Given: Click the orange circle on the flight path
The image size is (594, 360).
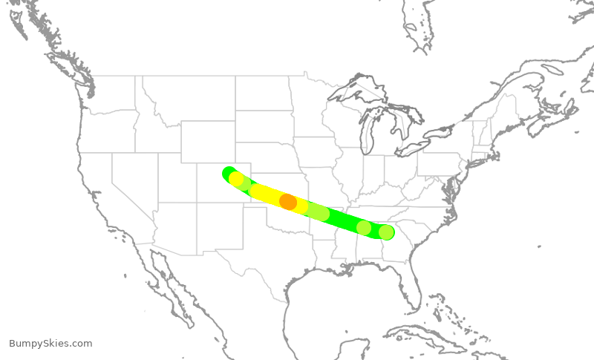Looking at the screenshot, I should [x=288, y=201].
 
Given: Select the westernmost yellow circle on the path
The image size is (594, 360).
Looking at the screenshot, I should [x=236, y=179].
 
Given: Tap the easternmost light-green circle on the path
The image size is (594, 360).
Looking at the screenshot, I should [x=386, y=232].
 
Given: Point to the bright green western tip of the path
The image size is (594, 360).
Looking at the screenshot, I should [x=228, y=173].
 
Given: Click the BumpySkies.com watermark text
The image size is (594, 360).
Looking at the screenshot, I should [x=50, y=343].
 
